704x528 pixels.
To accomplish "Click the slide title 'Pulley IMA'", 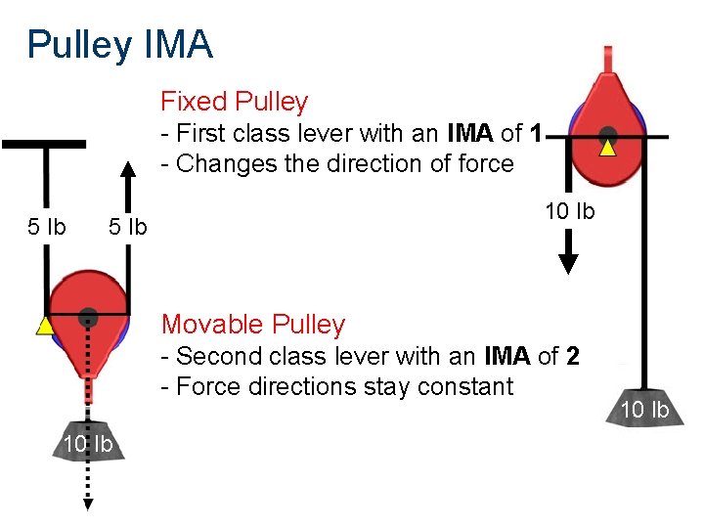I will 119,45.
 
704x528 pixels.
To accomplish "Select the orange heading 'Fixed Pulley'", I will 234,102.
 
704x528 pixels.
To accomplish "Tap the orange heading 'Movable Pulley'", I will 253,325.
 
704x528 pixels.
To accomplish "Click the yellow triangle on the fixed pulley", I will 607,149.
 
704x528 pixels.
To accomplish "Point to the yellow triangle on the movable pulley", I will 44,326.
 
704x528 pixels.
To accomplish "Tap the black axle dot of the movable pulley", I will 88,315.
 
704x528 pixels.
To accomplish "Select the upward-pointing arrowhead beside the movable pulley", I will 127,169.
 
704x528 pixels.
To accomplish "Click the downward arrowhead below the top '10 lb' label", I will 568,263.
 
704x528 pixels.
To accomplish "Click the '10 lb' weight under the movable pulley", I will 88,445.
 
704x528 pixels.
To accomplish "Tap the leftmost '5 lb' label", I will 46,227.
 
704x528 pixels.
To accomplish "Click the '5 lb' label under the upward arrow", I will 127,227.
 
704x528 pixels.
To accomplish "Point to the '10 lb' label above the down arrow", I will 569,211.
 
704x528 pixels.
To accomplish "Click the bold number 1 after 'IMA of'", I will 535,133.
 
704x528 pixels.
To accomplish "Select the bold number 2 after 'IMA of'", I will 572,356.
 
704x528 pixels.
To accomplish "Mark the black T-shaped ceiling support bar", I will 44,145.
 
